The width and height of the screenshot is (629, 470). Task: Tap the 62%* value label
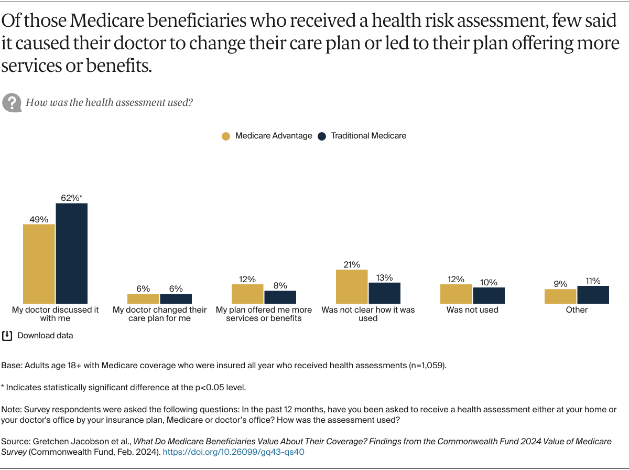click(72, 198)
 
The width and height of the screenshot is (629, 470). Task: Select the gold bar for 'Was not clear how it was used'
click(352, 286)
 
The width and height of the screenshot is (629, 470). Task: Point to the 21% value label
click(352, 264)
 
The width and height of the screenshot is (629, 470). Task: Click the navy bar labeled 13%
click(384, 293)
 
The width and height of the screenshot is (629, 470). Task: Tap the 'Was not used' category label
click(472, 310)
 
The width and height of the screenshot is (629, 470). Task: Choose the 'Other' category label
click(577, 310)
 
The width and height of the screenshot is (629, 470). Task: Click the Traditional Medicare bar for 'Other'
click(593, 295)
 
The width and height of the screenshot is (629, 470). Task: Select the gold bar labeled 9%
click(560, 296)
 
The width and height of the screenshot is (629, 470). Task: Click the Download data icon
click(7, 336)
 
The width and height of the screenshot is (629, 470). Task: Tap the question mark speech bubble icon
click(12, 102)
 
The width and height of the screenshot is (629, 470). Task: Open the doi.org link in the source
click(234, 452)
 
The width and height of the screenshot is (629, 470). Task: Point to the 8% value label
click(280, 285)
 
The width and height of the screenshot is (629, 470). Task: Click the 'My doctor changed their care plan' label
click(159, 314)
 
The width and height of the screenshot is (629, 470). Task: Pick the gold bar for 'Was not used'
click(456, 294)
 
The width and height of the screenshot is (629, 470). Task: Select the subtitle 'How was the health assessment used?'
click(109, 102)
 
